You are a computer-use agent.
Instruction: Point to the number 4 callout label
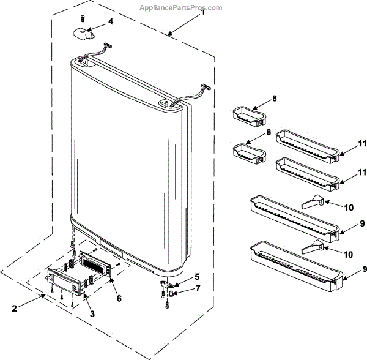click(x=111, y=21)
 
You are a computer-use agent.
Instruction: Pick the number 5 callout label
click(x=196, y=277)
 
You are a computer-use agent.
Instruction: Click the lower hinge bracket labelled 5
click(x=166, y=283)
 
